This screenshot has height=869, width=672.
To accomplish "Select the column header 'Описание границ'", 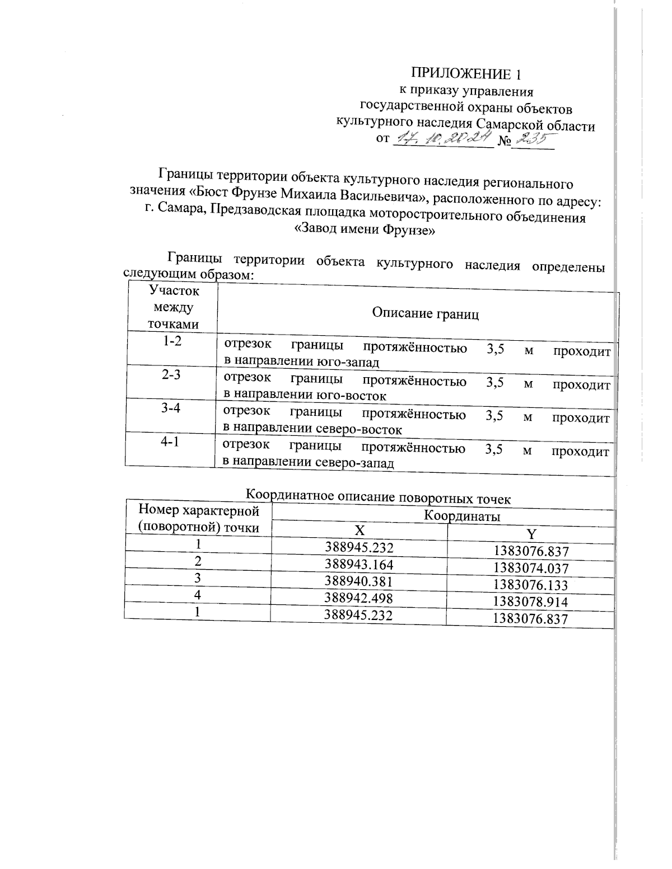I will (x=426, y=314).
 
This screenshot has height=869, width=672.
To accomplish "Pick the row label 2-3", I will (x=171, y=375).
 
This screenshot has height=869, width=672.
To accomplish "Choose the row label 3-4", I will (x=171, y=408).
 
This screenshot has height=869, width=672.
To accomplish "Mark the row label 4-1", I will (x=170, y=442).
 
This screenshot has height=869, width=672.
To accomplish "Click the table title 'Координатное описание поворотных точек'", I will (x=379, y=496).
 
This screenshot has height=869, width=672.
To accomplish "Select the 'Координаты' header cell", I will (x=461, y=515).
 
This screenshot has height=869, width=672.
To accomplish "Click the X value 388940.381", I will (x=359, y=581).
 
